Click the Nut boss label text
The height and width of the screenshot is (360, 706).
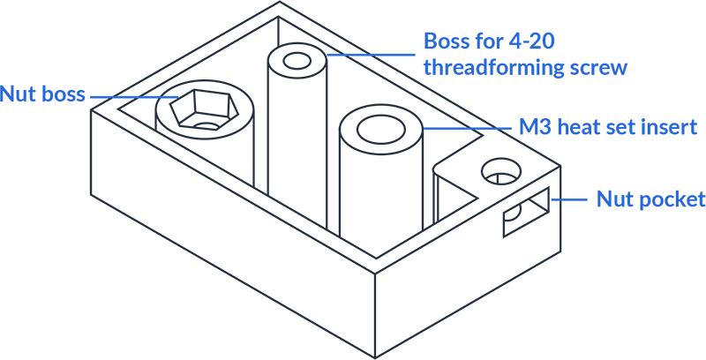42,94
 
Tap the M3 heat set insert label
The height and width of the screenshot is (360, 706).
608,127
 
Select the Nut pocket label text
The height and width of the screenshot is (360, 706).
651,199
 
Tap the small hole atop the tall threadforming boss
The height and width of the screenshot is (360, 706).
297,61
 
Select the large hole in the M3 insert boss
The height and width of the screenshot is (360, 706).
380,129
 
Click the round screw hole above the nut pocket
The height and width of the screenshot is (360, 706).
500,171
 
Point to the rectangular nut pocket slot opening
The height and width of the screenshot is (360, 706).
526,212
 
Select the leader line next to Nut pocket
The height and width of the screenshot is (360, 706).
570,199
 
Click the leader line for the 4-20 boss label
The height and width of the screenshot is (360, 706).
371,55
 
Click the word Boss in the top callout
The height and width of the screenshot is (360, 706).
445,41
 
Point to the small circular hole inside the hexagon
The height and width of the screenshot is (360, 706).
207,126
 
